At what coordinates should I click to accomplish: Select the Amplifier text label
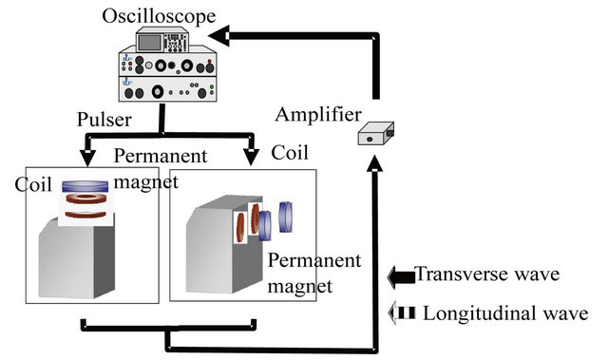(x=318, y=115)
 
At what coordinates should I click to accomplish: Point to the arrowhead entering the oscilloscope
(x=220, y=37)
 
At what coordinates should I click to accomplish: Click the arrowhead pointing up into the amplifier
(x=376, y=164)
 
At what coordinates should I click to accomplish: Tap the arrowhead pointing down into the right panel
(x=251, y=156)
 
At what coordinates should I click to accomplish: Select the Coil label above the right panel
(x=290, y=152)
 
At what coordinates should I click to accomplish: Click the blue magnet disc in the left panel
(x=87, y=187)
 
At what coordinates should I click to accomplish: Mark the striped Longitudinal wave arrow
(x=401, y=313)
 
